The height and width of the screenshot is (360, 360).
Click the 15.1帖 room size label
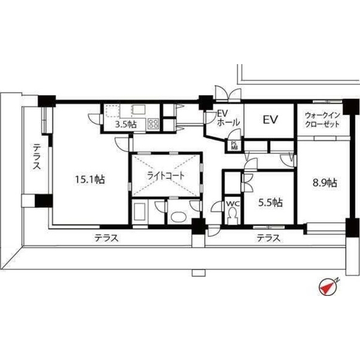tap(90, 179)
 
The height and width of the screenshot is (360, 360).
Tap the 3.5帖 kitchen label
tap(125, 125)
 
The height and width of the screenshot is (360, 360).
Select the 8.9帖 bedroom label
tap(325, 183)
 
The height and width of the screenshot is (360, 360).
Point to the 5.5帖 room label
tap(271, 202)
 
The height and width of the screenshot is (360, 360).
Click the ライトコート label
tap(166, 175)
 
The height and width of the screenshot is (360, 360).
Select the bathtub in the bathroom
tap(139, 211)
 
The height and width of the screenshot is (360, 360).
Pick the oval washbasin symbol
tap(178, 217)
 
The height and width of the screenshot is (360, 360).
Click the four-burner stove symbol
tap(153, 124)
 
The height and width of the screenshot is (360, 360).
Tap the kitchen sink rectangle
tap(138, 110)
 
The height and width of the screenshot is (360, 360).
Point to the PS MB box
tap(233, 146)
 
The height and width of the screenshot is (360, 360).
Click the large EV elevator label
tap(270, 120)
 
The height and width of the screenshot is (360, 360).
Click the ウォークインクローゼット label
tap(322, 120)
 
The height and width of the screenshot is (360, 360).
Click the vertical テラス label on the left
tap(36, 156)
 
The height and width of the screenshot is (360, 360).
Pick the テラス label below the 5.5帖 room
tap(268, 238)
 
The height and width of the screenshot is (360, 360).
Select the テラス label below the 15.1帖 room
tap(106, 238)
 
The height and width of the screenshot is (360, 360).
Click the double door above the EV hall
tap(228, 94)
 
